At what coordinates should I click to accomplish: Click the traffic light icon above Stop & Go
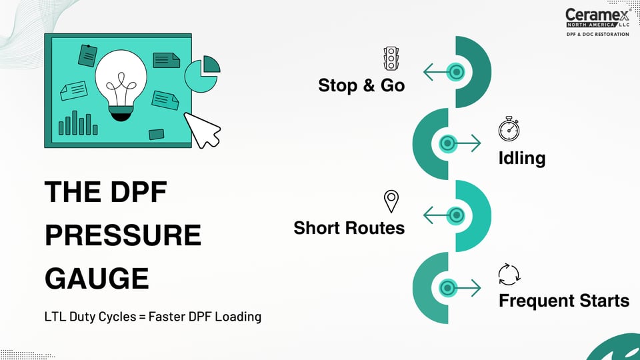(391, 59)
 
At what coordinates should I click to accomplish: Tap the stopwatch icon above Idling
(509, 129)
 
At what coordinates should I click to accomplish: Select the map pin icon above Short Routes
(391, 201)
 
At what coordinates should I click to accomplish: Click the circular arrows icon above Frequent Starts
(509, 275)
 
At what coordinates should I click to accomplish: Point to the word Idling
(521, 158)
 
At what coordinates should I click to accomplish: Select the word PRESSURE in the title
(123, 235)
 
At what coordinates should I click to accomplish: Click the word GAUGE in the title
(97, 279)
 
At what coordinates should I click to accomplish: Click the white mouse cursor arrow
(203, 130)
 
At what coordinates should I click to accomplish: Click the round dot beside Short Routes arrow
(456, 215)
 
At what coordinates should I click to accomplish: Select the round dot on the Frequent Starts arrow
(448, 288)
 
